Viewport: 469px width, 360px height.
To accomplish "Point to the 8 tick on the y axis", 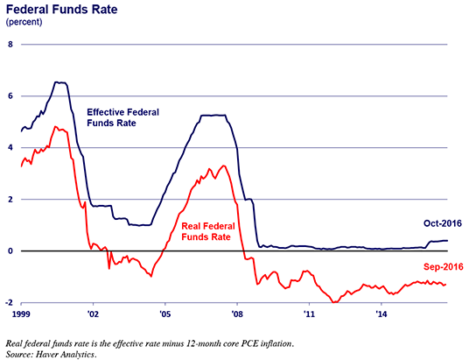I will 10,44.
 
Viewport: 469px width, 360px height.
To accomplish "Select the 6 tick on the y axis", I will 10,95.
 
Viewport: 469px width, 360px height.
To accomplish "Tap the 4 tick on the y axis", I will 10,147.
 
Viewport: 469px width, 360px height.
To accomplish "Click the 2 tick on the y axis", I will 10,199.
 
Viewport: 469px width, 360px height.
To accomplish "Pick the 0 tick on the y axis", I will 10,251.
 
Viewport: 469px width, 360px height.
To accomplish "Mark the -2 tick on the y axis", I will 9,302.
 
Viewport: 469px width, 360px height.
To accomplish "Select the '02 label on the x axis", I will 92,313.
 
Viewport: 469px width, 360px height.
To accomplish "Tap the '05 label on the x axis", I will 164,313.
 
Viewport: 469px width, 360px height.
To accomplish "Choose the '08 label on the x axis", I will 237,313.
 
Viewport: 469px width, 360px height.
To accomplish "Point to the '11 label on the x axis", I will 309,313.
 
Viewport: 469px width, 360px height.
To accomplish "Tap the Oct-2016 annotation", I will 429,225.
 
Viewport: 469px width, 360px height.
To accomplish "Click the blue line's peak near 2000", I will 59,82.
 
